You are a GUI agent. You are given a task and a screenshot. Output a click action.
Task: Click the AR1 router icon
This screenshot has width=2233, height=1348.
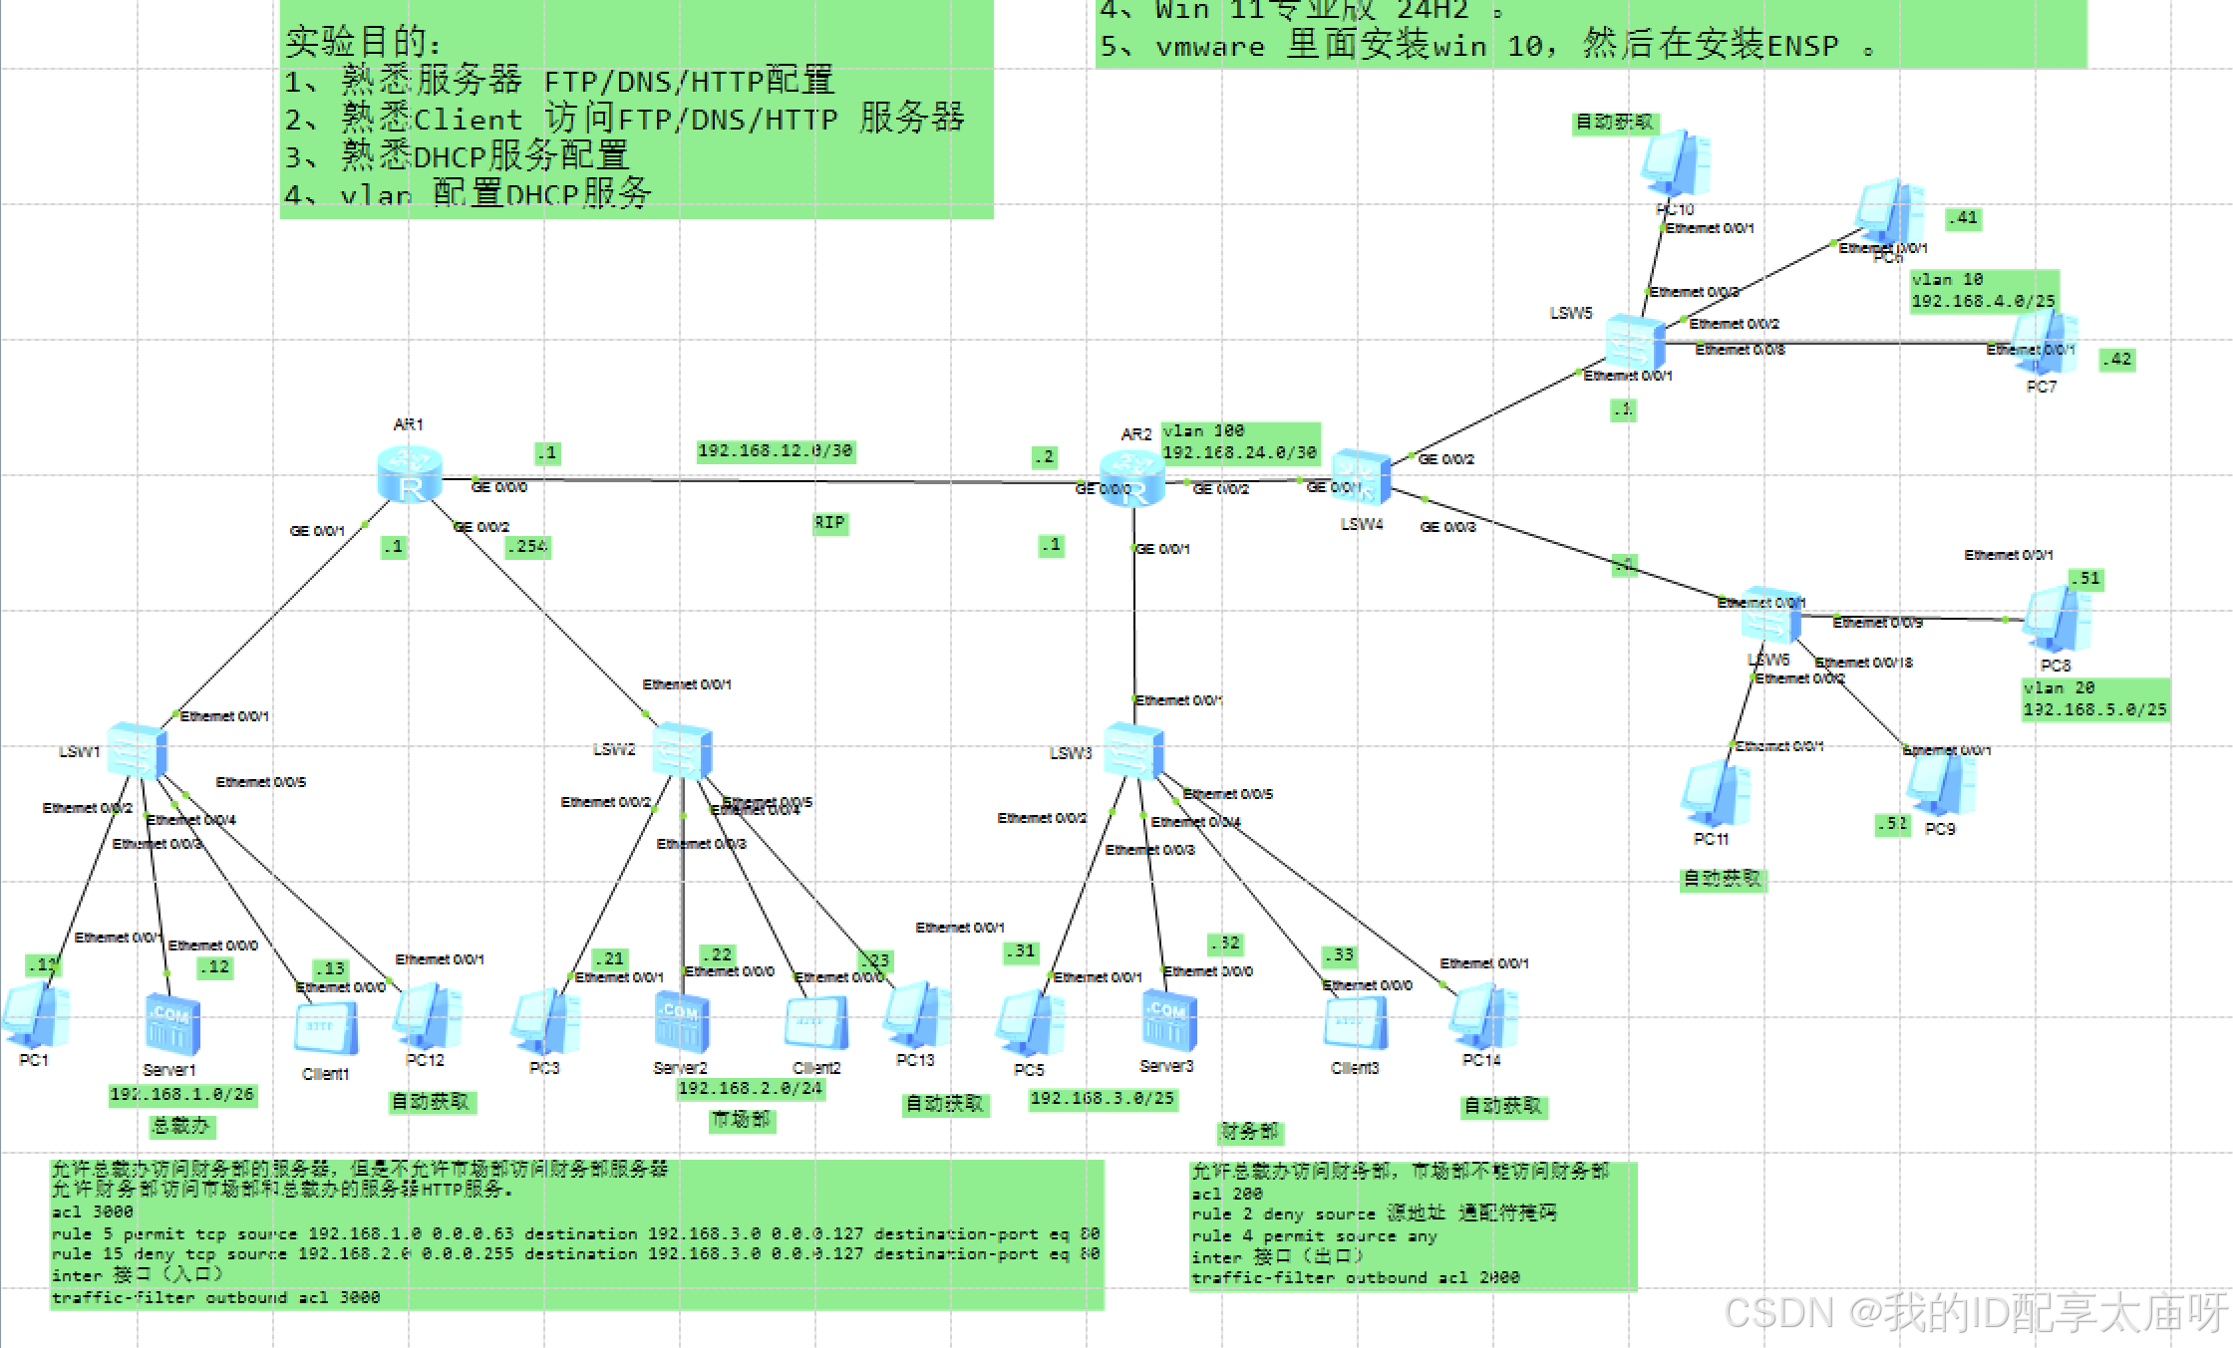click(x=410, y=474)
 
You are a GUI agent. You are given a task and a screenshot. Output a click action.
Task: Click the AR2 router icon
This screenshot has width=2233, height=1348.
click(x=1131, y=477)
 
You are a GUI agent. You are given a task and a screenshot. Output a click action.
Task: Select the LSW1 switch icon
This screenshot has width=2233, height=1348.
click(x=137, y=750)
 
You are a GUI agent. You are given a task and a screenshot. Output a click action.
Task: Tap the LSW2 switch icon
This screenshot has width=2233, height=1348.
click(x=682, y=750)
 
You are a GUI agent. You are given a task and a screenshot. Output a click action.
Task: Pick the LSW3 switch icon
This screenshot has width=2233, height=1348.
click(x=1133, y=750)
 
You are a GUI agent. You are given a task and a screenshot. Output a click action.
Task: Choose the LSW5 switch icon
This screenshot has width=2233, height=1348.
click(x=1635, y=342)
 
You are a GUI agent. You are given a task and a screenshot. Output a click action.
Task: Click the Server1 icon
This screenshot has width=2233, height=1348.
click(x=172, y=1024)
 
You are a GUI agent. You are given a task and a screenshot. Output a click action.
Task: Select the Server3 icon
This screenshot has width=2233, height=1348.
click(x=1168, y=1020)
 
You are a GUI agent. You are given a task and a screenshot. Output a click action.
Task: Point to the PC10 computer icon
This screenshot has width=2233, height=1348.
click(x=1677, y=162)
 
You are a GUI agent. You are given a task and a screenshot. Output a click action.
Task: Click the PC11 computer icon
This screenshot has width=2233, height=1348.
click(x=1716, y=795)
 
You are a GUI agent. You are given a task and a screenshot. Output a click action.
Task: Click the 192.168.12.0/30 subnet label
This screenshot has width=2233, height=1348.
click(x=775, y=451)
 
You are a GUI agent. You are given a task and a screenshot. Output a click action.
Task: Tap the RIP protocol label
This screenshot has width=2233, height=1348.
click(x=828, y=523)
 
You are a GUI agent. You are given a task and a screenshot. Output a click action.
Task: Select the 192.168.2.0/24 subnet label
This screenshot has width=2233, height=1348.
click(x=750, y=1089)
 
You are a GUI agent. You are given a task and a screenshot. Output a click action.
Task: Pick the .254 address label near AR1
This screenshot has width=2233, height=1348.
click(x=527, y=547)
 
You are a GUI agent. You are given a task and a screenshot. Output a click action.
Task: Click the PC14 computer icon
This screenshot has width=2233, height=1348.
click(x=1483, y=1016)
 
